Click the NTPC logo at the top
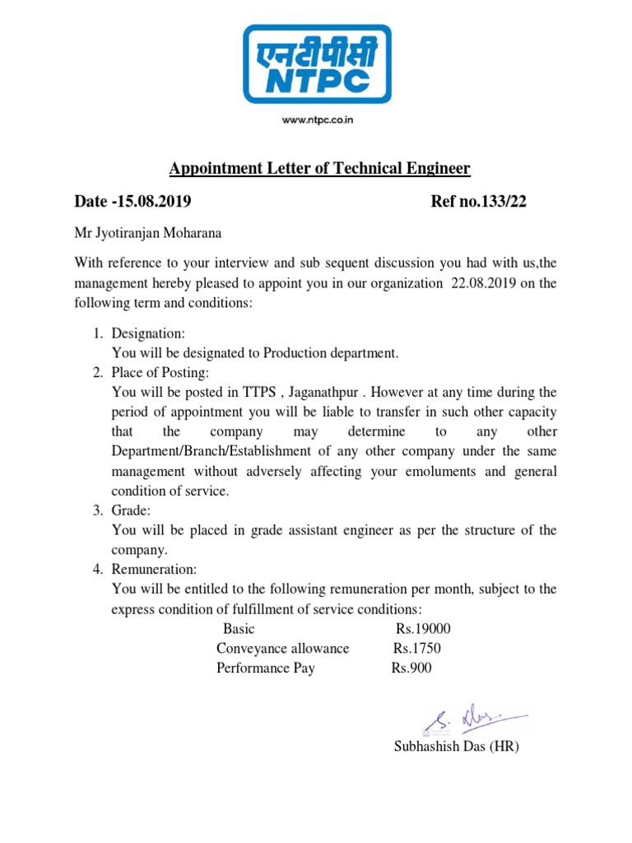tap(317, 64)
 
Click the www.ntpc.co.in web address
tap(318, 120)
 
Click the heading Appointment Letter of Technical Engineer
tap(319, 169)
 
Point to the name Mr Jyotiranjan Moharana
tap(148, 233)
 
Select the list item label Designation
tap(148, 333)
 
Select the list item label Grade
tap(130, 510)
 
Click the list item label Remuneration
tap(154, 570)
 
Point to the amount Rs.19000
tap(423, 629)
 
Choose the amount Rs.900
tap(411, 668)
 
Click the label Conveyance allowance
tap(283, 649)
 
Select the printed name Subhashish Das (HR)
tap(457, 748)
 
